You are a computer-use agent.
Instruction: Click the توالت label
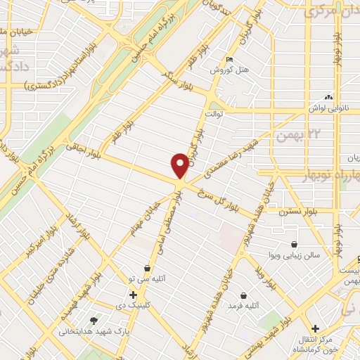pos(213,112)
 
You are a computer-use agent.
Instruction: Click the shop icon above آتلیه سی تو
pos(147,268)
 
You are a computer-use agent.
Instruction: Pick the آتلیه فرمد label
pos(243,306)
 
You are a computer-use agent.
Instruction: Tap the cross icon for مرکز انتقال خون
pos(316,328)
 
